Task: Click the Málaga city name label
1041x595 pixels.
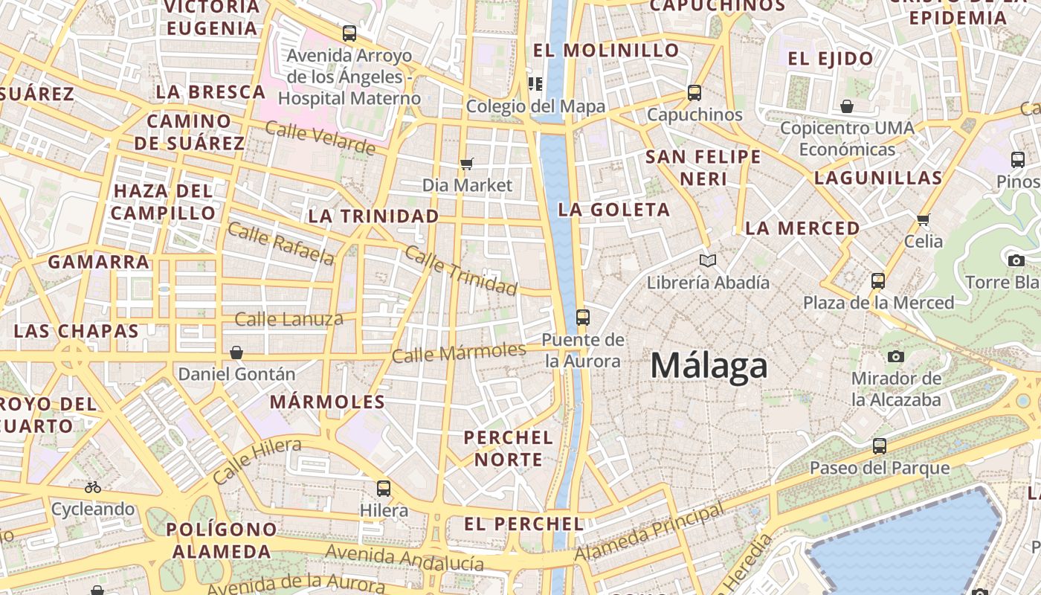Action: click(709, 366)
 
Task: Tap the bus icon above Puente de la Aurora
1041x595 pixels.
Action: click(582, 318)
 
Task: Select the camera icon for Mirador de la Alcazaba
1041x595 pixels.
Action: click(896, 357)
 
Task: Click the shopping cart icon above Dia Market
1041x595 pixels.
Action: click(467, 164)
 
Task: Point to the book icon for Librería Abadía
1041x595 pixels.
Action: click(708, 260)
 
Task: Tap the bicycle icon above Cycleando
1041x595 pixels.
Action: click(93, 488)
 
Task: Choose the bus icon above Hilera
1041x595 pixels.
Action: click(384, 489)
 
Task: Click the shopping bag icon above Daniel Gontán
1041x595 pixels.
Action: click(236, 352)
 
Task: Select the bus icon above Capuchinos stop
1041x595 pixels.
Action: click(694, 93)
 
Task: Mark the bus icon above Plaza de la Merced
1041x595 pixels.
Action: click(878, 281)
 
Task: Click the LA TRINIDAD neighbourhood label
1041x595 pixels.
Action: click(373, 216)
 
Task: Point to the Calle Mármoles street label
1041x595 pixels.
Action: click(459, 352)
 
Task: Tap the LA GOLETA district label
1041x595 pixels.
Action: click(614, 210)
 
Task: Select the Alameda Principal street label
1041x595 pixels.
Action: click(649, 533)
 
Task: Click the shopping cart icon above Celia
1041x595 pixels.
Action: click(924, 219)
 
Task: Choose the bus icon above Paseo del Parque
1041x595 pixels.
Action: click(880, 446)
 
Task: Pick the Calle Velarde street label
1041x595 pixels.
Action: click(320, 138)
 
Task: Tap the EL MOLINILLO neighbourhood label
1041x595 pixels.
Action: click(606, 51)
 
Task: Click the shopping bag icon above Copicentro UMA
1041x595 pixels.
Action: click(847, 106)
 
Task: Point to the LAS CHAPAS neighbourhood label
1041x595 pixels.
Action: click(77, 331)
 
